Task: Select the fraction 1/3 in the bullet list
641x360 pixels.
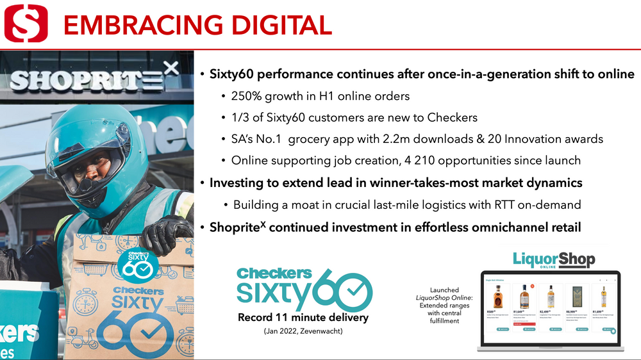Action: [x=240, y=118]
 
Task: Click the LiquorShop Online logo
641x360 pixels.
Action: [x=554, y=261]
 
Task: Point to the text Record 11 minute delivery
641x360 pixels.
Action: [x=303, y=318]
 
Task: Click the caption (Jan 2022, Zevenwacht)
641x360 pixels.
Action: [x=303, y=331]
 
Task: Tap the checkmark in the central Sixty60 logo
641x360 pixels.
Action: [x=351, y=293]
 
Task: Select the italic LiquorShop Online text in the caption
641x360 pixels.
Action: [x=444, y=298]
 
